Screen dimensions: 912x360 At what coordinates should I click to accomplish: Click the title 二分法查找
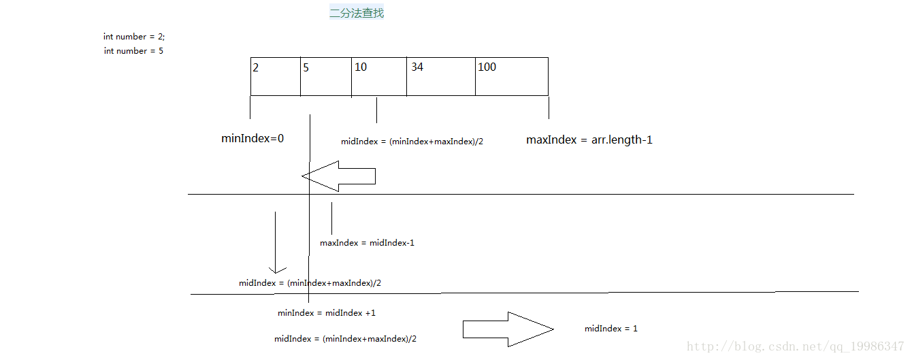coord(357,13)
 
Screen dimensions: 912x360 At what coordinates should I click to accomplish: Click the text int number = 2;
coord(134,37)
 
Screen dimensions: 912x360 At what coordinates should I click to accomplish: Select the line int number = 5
coord(133,51)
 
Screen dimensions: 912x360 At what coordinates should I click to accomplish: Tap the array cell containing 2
coord(275,76)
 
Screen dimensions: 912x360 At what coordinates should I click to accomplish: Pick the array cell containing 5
coord(325,76)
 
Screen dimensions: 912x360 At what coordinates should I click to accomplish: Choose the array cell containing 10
coord(378,76)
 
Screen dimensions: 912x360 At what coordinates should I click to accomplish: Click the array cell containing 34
coord(440,76)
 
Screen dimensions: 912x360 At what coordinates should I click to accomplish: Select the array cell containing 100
coord(511,76)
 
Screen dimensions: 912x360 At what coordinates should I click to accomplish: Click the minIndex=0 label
coord(253,139)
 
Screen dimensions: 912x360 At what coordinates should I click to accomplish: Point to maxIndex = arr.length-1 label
coord(589,140)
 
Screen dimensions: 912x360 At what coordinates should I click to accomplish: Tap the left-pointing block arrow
coord(338,176)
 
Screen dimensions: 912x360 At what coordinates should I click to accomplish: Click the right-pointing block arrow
coord(508,329)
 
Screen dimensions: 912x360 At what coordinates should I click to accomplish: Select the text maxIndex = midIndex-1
coord(367,243)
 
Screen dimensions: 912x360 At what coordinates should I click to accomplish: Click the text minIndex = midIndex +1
coord(327,313)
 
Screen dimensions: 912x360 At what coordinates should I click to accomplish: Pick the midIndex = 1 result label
coord(610,329)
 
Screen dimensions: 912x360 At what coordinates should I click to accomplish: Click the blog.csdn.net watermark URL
coord(794,347)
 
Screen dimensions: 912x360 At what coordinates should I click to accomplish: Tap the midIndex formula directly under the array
coord(412,142)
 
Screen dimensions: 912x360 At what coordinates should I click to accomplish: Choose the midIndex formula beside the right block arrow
coord(345,339)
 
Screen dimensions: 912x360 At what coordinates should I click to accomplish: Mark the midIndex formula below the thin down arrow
coord(310,283)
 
